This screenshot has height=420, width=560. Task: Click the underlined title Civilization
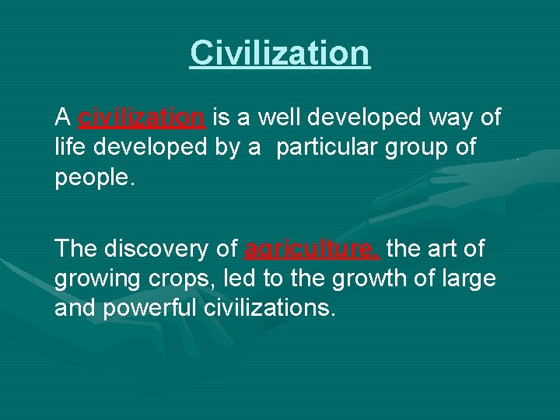point(280,53)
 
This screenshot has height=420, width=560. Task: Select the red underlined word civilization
point(142,117)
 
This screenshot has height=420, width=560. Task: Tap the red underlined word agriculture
point(311,248)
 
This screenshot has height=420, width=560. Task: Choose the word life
point(70,146)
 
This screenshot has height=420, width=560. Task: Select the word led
point(240,278)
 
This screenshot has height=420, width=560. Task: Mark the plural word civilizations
point(270,307)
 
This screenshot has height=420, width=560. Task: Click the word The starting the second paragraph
point(76,248)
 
